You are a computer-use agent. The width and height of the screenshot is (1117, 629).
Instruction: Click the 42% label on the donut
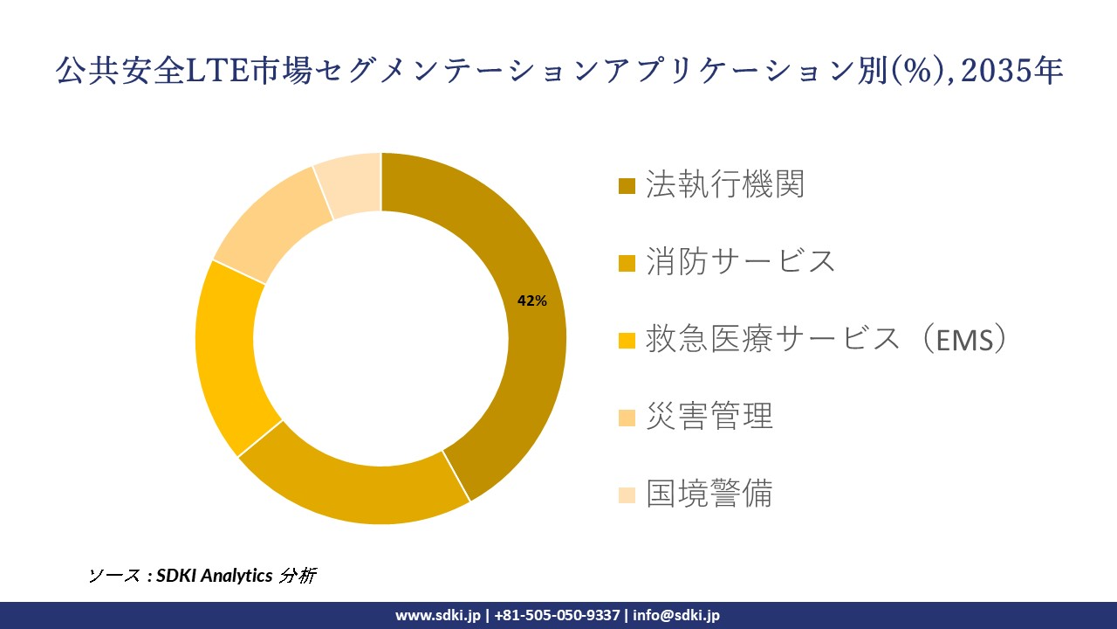531,301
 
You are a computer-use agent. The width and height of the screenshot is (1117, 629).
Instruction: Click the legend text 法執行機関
724,185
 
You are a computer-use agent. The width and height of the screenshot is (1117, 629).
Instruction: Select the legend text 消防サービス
740,261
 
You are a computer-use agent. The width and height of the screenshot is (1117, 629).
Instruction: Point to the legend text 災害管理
709,417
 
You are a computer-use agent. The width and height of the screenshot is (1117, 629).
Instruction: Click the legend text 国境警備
709,494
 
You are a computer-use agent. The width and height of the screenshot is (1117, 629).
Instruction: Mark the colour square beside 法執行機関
627,187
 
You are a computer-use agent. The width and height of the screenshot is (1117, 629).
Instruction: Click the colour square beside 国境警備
627,495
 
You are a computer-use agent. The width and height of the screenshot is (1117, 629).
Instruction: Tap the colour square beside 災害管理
627,418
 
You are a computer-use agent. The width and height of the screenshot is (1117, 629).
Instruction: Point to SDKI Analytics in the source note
215,576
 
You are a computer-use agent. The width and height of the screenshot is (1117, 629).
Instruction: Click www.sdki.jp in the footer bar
438,615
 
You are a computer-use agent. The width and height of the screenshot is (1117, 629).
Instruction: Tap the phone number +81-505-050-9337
557,615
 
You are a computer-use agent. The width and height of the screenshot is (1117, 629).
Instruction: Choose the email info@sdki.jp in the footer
675,615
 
